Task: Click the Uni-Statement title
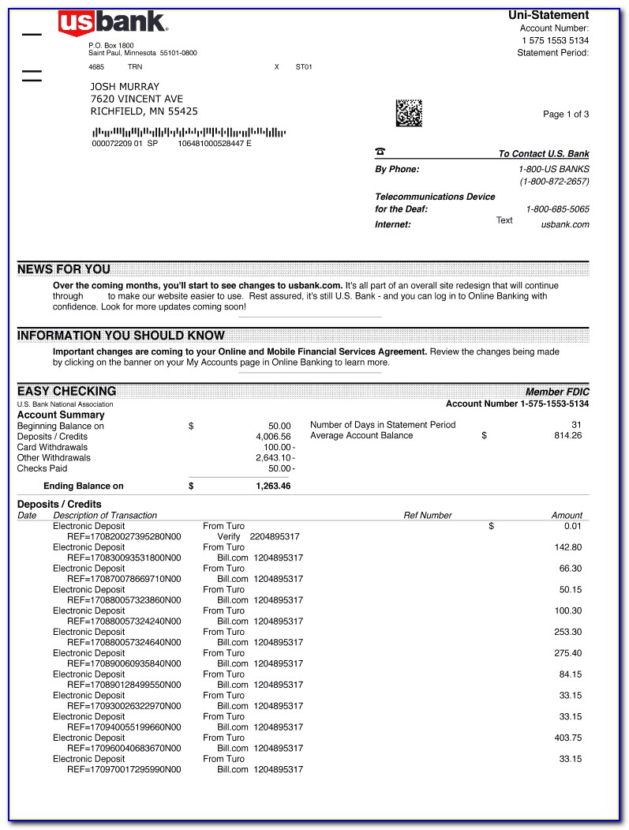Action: pos(549,15)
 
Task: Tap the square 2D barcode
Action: pos(409,113)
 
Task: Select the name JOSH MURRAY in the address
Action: pos(125,87)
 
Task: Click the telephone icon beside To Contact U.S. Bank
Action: pos(380,152)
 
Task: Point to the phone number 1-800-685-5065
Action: pos(557,209)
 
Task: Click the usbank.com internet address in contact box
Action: pos(565,224)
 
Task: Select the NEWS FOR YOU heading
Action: pos(64,269)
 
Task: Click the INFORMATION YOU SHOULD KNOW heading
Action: pos(121,336)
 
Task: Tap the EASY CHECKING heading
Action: pos(67,391)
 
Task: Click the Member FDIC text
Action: pos(557,392)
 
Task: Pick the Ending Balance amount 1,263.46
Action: pos(273,486)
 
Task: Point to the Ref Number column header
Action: pos(428,516)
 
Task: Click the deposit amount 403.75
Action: pos(567,738)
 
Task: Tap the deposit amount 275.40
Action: pos(567,653)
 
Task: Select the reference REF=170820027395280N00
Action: pos(124,536)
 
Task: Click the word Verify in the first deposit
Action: pos(229,536)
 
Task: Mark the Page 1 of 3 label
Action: pos(566,115)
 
